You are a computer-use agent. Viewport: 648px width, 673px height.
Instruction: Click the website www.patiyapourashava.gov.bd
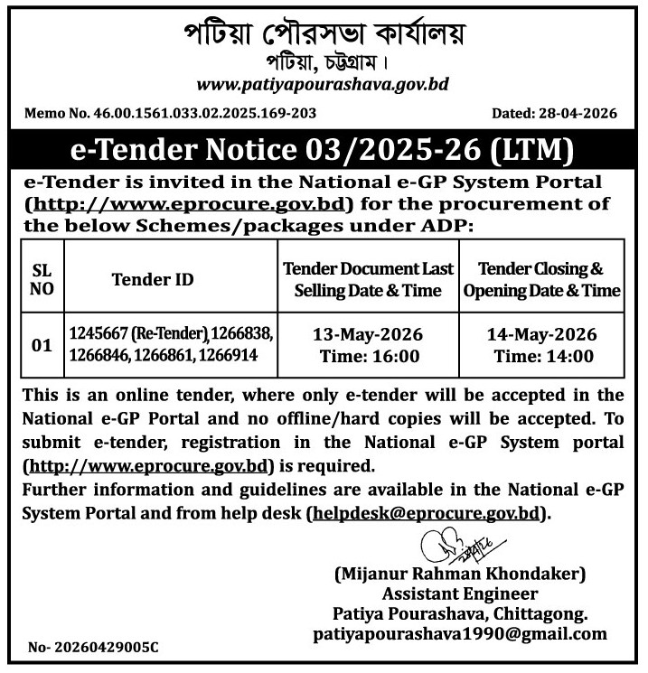(323, 85)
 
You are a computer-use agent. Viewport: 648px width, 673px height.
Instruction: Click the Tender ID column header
(153, 280)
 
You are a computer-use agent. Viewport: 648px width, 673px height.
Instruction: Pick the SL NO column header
(42, 280)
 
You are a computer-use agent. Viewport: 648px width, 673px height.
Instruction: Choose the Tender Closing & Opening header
(541, 280)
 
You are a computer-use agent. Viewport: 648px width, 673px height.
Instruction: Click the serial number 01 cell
(42, 345)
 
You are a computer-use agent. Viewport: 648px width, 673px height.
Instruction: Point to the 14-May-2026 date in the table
(541, 335)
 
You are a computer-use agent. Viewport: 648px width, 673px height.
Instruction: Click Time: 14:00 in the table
(541, 356)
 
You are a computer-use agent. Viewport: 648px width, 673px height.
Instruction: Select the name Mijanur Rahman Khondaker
(460, 574)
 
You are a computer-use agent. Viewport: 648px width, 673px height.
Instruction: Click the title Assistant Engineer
(460, 594)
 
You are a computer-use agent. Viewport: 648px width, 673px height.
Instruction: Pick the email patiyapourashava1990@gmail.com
(460, 634)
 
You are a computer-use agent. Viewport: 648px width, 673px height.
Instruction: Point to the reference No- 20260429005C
(93, 648)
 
